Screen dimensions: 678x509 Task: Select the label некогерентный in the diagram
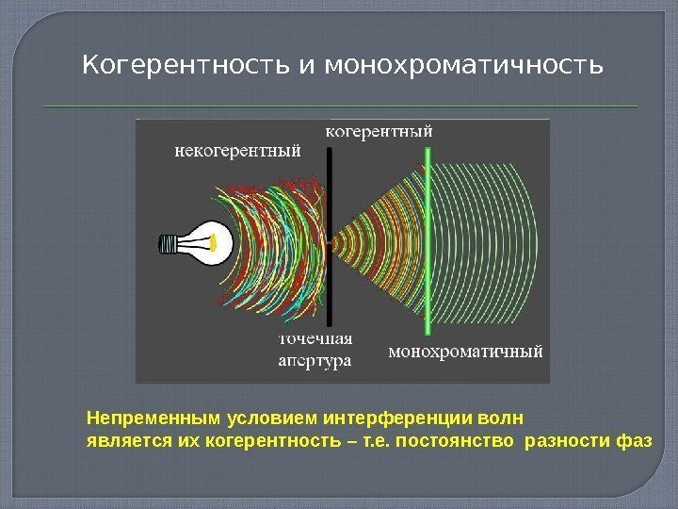(x=238, y=148)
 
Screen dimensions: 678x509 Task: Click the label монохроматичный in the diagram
(x=466, y=353)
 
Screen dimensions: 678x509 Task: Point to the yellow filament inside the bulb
(x=222, y=242)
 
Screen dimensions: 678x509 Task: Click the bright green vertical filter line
(x=429, y=245)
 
